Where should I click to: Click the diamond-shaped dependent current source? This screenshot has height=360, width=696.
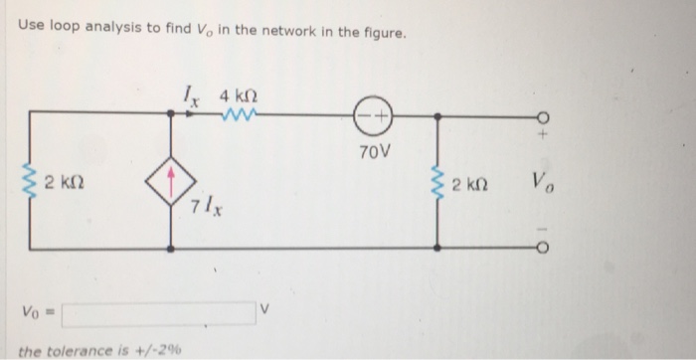[x=173, y=184]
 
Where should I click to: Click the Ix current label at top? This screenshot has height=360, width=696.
[x=195, y=95]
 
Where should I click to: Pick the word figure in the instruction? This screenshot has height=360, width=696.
[x=381, y=35]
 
